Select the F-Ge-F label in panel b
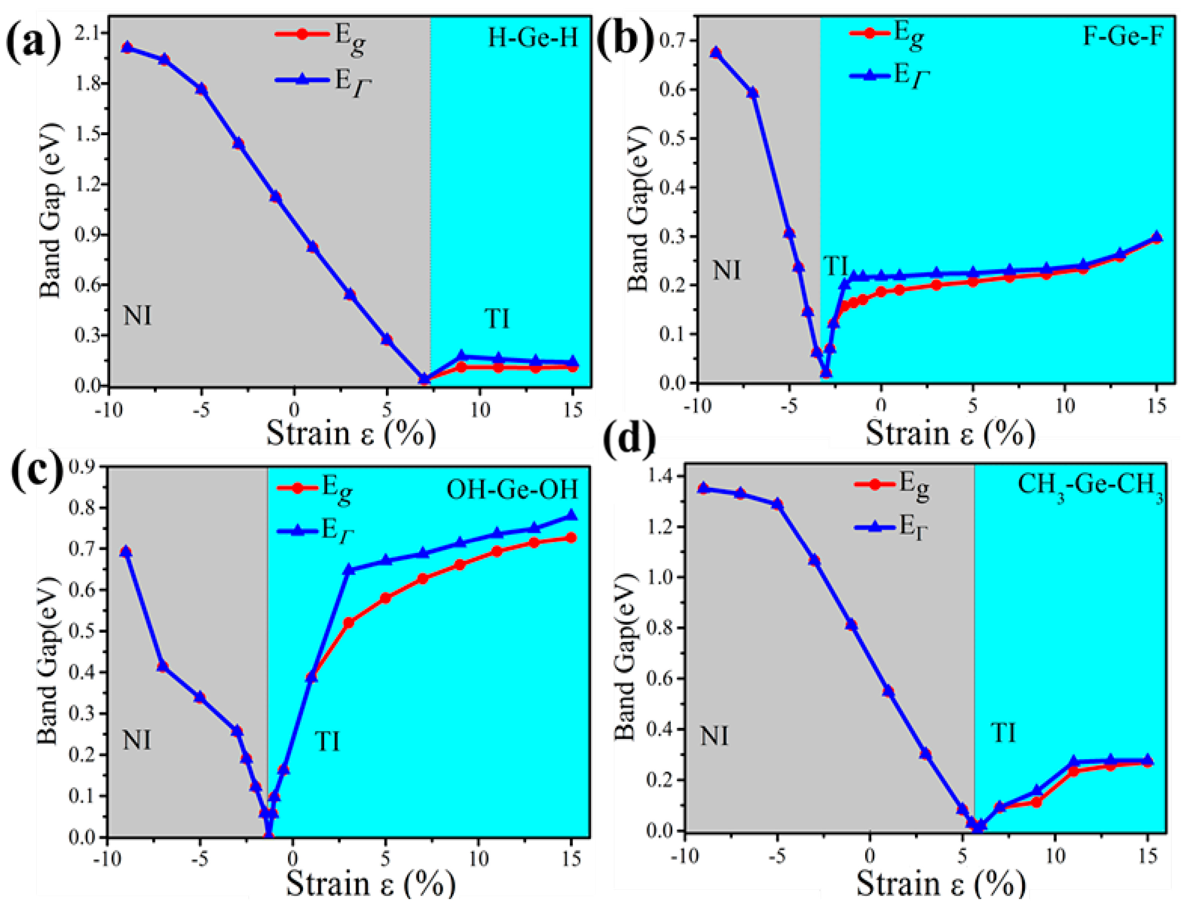pos(1122,36)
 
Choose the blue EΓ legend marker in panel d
pos(874,526)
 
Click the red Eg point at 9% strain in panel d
pos(1037,802)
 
